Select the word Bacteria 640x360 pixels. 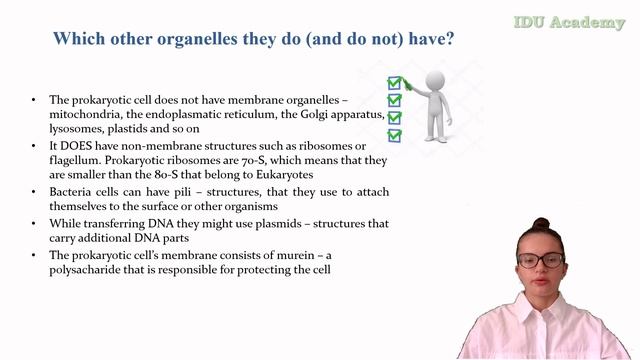click(73, 191)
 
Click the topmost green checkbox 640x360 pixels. click(394, 82)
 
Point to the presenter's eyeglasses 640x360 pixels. click(540, 261)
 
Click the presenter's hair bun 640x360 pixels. click(541, 224)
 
